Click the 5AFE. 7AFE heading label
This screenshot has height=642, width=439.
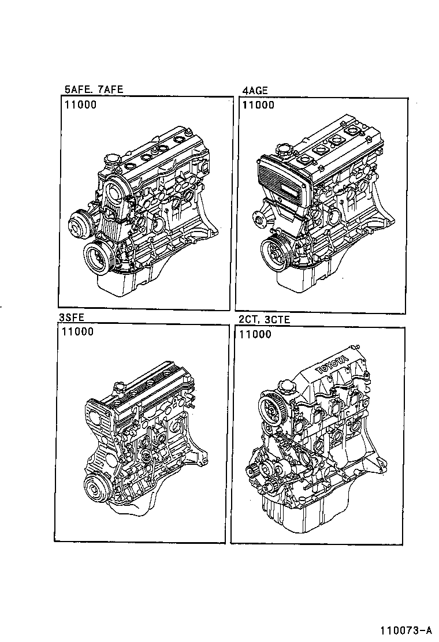(x=94, y=89)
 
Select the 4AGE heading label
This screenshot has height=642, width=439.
(x=254, y=89)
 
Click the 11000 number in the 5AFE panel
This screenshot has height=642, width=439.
(x=80, y=105)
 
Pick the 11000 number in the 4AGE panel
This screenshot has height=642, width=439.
(x=258, y=105)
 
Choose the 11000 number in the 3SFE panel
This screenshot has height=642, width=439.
(x=77, y=332)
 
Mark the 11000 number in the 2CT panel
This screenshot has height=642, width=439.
(x=254, y=334)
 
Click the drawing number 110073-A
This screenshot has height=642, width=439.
(x=405, y=629)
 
